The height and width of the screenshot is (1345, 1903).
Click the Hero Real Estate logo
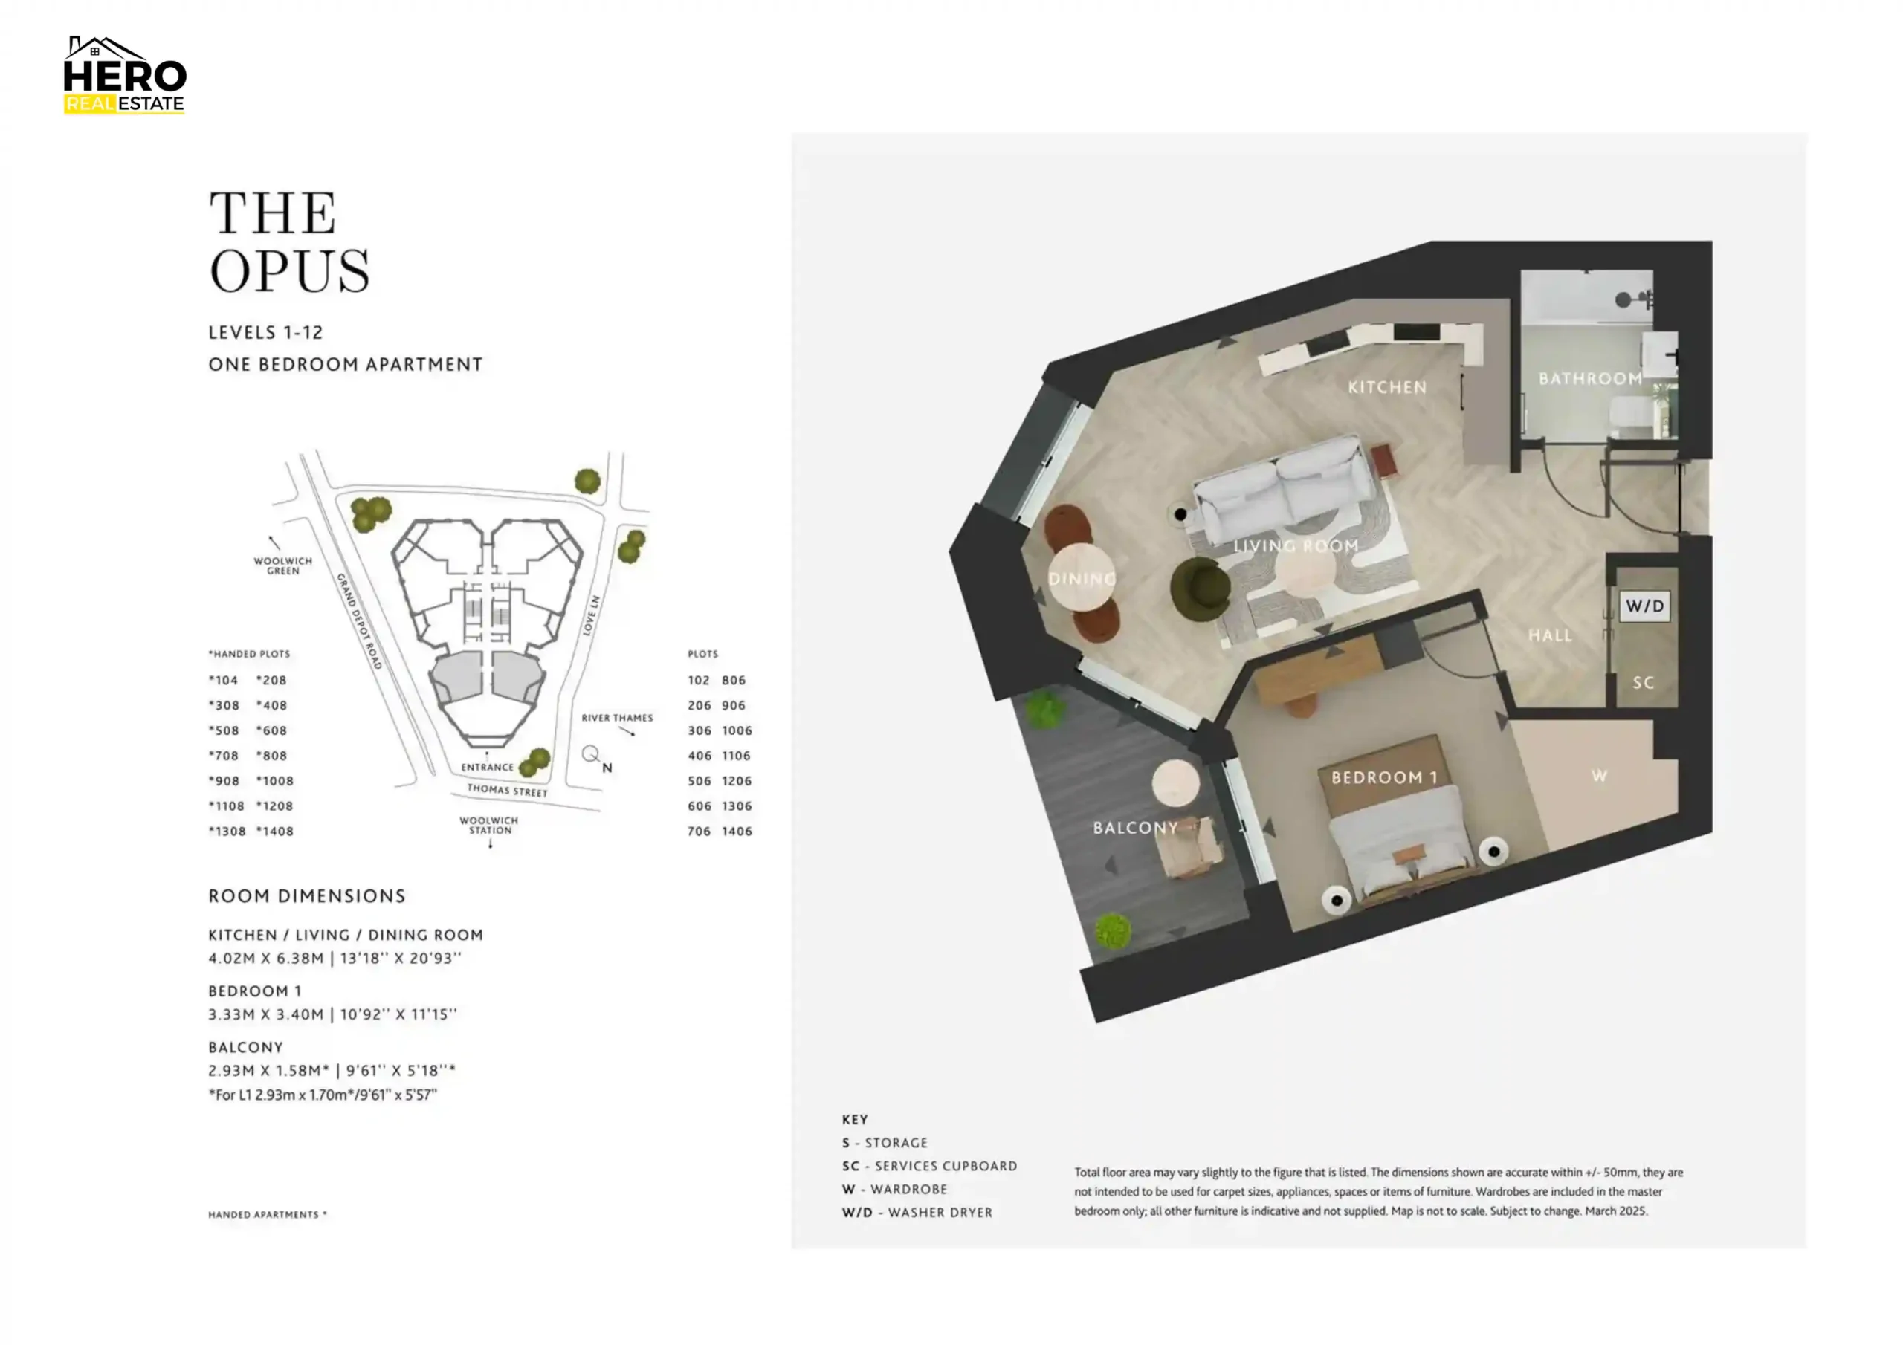[x=124, y=74]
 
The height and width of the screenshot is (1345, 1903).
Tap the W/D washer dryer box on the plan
[x=1644, y=606]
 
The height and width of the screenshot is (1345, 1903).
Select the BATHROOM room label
[x=1590, y=379]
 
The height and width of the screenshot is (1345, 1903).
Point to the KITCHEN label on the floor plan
[x=1386, y=387]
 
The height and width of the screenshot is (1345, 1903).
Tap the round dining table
[x=1081, y=577]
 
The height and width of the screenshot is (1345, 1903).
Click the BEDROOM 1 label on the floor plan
[x=1383, y=777]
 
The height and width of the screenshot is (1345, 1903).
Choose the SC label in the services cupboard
[x=1643, y=683]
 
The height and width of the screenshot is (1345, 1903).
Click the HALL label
[x=1550, y=635]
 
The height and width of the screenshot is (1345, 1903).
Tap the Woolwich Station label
[x=489, y=826]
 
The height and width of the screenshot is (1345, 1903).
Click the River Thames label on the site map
[x=617, y=718]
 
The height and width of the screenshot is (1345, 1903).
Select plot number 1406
[x=737, y=832]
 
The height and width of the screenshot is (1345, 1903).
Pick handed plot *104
[x=223, y=681]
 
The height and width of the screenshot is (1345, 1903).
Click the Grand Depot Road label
[x=359, y=620]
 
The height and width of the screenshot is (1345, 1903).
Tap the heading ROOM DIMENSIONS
[x=307, y=896]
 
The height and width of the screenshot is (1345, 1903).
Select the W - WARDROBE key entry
[x=894, y=1189]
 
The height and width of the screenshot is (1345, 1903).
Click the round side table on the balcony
[x=1175, y=782]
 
